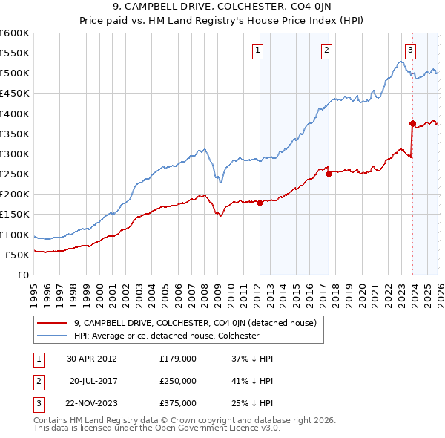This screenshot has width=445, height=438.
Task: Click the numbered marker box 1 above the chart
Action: [x=257, y=50]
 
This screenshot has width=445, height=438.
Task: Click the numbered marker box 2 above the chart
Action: [x=326, y=50]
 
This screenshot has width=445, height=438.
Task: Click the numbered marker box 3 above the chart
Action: [x=410, y=50]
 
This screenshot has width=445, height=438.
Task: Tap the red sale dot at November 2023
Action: [x=412, y=124]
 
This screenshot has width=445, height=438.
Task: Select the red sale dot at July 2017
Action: [x=329, y=174]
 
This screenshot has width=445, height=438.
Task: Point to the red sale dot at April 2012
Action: [x=260, y=203]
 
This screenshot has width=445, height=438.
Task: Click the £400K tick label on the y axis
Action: [x=15, y=114]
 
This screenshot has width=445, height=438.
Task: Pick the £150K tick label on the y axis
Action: [x=15, y=215]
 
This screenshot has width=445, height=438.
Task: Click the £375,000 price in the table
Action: [x=178, y=403]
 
